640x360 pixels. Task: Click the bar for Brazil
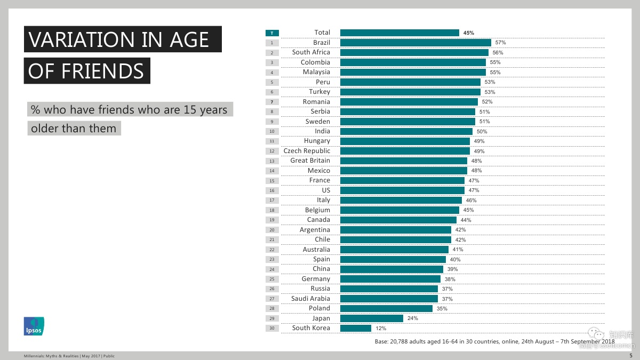pos(415,43)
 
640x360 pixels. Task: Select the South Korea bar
pos(355,329)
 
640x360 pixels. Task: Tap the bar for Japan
pos(371,318)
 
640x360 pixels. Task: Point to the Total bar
pos(399,33)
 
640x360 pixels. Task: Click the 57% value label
pos(500,43)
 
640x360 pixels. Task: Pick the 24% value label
pos(412,318)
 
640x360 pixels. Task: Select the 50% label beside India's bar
pos(482,131)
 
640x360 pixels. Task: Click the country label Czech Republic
pos(307,151)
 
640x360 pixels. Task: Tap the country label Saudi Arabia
pos(310,299)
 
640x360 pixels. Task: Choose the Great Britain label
pos(310,161)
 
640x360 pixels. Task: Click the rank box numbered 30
pos(272,329)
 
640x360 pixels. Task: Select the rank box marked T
pos(272,33)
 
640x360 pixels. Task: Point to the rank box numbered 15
pos(272,181)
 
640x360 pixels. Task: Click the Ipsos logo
pos(34,326)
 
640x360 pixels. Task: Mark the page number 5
pos(631,355)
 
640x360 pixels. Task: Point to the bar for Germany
pos(390,279)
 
